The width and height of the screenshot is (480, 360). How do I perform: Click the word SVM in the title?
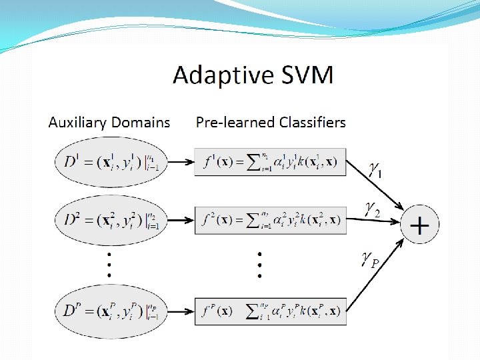(303, 75)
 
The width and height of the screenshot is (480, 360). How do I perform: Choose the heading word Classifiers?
(313, 123)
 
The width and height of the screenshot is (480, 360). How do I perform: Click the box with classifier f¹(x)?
(270, 162)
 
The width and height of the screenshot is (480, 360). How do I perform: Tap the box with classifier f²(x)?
(270, 219)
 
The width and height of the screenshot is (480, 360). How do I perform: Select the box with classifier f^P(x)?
(270, 310)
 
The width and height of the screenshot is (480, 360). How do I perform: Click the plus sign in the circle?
(419, 226)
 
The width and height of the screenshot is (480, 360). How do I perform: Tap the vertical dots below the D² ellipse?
(109, 264)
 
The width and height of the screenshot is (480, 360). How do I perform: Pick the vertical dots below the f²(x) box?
(259, 264)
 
